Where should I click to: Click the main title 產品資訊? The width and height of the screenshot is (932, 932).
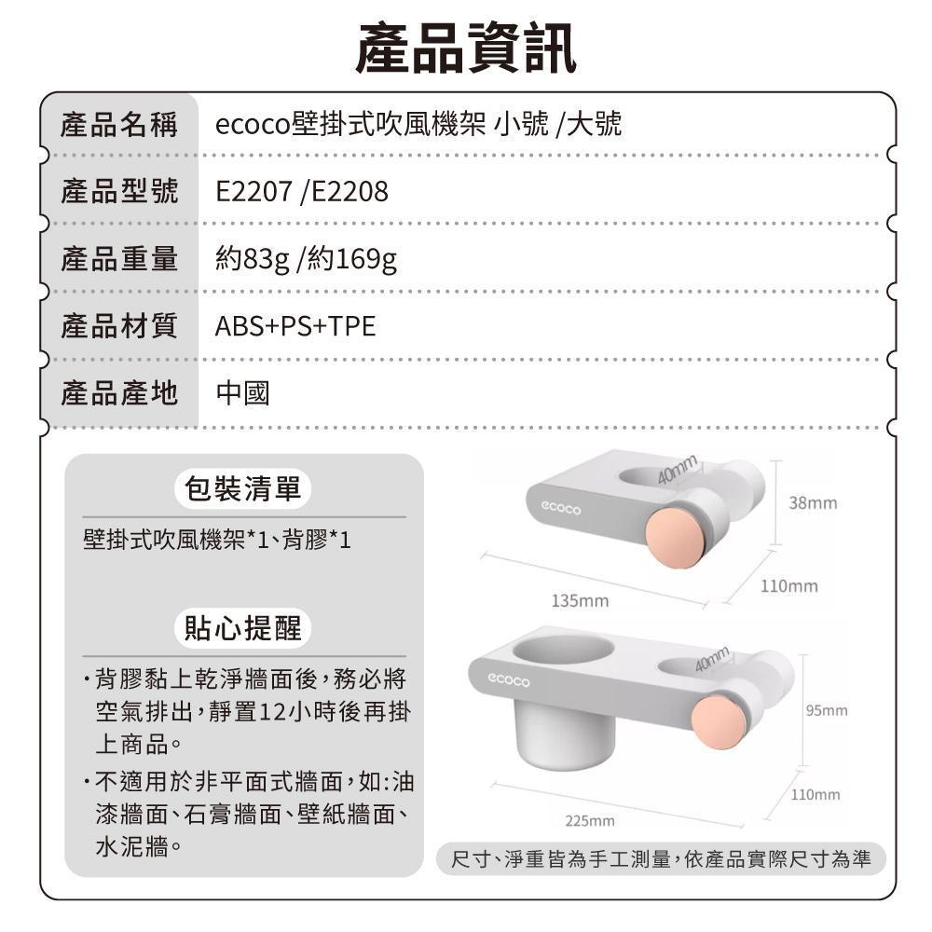tap(465, 48)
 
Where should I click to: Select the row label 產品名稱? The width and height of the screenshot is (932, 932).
tap(119, 125)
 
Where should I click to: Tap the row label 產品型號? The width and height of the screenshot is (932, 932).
tap(119, 191)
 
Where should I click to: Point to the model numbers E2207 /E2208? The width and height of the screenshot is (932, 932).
tap(301, 191)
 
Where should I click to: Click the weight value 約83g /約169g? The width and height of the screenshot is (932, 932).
tap(306, 260)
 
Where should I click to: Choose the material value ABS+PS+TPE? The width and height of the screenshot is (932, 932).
tap(295, 326)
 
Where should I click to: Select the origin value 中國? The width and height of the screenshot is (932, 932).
tap(242, 393)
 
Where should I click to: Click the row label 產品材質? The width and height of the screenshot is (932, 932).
tap(119, 326)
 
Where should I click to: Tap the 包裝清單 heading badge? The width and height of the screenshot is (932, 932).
tap(243, 489)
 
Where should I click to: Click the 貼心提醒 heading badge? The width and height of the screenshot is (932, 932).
tap(243, 627)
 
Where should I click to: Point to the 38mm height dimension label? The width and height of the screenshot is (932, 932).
tap(813, 503)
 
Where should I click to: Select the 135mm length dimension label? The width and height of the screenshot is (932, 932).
tap(580, 601)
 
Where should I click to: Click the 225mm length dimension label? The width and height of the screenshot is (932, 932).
tap(590, 821)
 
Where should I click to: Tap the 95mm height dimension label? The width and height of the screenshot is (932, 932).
tap(827, 710)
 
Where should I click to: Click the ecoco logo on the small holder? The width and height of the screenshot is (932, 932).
tap(560, 508)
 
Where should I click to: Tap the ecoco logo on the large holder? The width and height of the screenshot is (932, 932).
tap(508, 679)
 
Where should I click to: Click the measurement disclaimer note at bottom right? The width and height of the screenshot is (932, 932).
tap(661, 859)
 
